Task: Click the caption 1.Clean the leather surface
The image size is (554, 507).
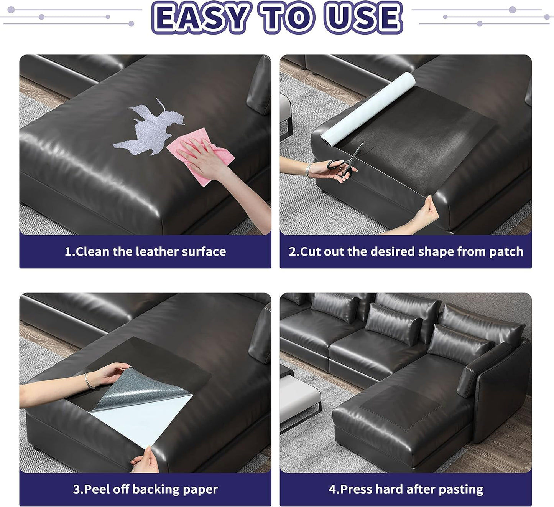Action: tap(145, 252)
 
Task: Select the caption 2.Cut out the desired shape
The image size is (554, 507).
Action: tap(406, 252)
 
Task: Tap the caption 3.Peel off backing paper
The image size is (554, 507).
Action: tap(145, 489)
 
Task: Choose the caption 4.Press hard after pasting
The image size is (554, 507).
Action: tap(406, 489)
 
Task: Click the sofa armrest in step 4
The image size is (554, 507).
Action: tap(498, 388)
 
